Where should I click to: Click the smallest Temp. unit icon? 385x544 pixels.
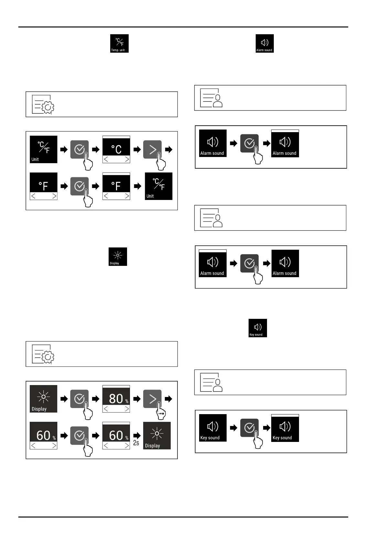(x=119, y=43)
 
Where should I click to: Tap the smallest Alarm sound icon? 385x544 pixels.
(x=264, y=43)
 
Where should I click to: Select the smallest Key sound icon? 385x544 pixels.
(x=257, y=328)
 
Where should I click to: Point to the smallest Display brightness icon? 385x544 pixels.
(x=118, y=256)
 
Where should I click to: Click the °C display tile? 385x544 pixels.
(x=116, y=149)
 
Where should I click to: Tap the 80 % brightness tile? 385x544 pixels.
(x=116, y=399)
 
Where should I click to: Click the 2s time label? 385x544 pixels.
(x=136, y=443)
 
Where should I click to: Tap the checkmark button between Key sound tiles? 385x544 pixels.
(x=249, y=428)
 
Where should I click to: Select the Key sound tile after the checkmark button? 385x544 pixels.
(x=285, y=428)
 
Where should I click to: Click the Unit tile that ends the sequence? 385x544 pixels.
(x=158, y=186)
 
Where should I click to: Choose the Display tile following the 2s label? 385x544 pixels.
(x=157, y=435)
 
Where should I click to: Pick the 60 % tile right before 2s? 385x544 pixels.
(x=116, y=435)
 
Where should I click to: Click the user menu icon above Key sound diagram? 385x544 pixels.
(x=211, y=382)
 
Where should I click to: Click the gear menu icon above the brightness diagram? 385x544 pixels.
(x=43, y=354)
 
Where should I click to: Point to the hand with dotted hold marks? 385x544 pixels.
(x=161, y=414)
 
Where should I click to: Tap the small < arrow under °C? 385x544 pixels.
(x=106, y=159)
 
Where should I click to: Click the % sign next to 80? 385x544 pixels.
(x=127, y=401)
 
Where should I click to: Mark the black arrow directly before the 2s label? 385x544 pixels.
(x=137, y=435)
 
